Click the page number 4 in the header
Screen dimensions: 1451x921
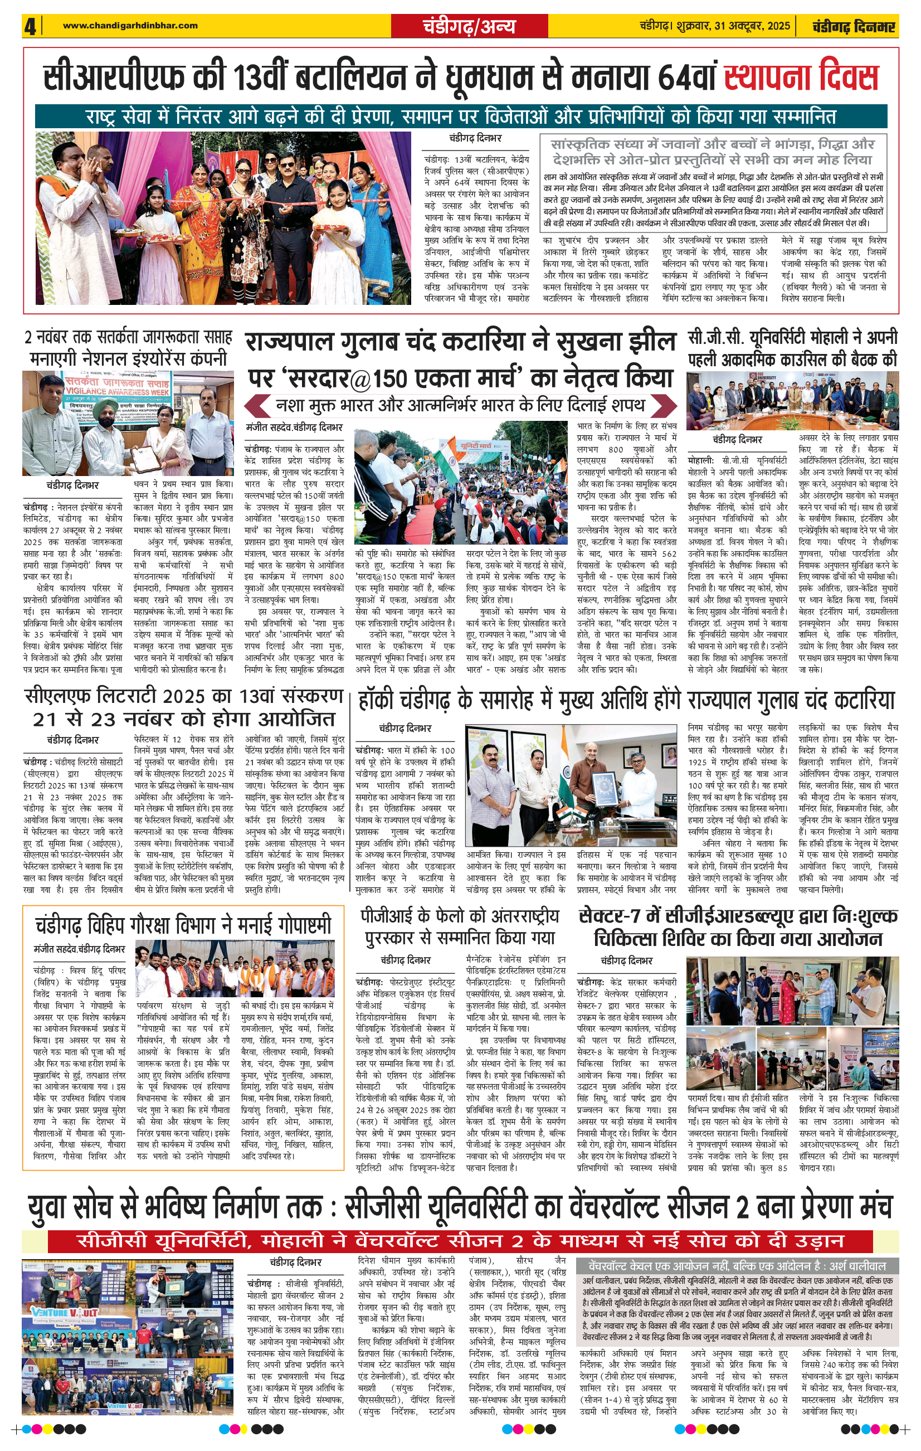pos(30,26)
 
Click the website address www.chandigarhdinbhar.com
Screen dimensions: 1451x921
pos(130,25)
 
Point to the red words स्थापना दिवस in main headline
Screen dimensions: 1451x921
pos(801,77)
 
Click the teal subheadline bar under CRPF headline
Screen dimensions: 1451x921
pos(460,116)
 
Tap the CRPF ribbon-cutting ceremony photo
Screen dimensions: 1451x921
pos(223,218)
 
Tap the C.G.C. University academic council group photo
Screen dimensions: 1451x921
pos(792,400)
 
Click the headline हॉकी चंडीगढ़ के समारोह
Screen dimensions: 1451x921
pos(626,700)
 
